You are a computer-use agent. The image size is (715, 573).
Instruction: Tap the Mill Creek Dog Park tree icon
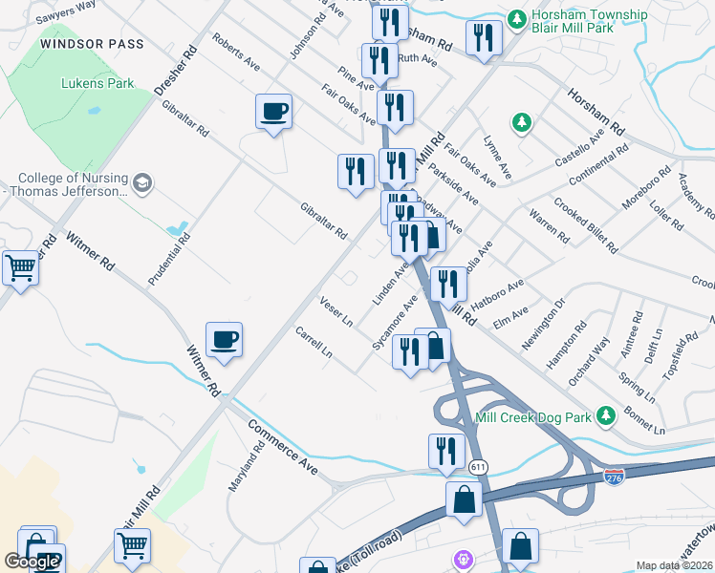click(x=604, y=416)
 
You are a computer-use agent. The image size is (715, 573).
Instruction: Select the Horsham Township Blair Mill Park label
click(x=592, y=26)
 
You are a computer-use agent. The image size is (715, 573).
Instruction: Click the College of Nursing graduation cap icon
click(x=141, y=183)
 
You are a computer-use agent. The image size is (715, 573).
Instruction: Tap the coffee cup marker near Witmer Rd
click(x=224, y=340)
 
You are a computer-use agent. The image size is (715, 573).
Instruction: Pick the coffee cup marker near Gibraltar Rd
click(x=274, y=112)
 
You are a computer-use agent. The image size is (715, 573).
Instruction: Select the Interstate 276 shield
click(x=615, y=474)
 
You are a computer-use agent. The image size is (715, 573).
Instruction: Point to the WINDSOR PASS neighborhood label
click(x=93, y=45)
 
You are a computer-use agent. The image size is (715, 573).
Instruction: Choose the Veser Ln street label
click(x=336, y=309)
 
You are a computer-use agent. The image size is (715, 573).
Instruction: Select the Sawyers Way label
click(x=65, y=12)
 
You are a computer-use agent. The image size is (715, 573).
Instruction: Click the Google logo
click(x=32, y=562)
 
